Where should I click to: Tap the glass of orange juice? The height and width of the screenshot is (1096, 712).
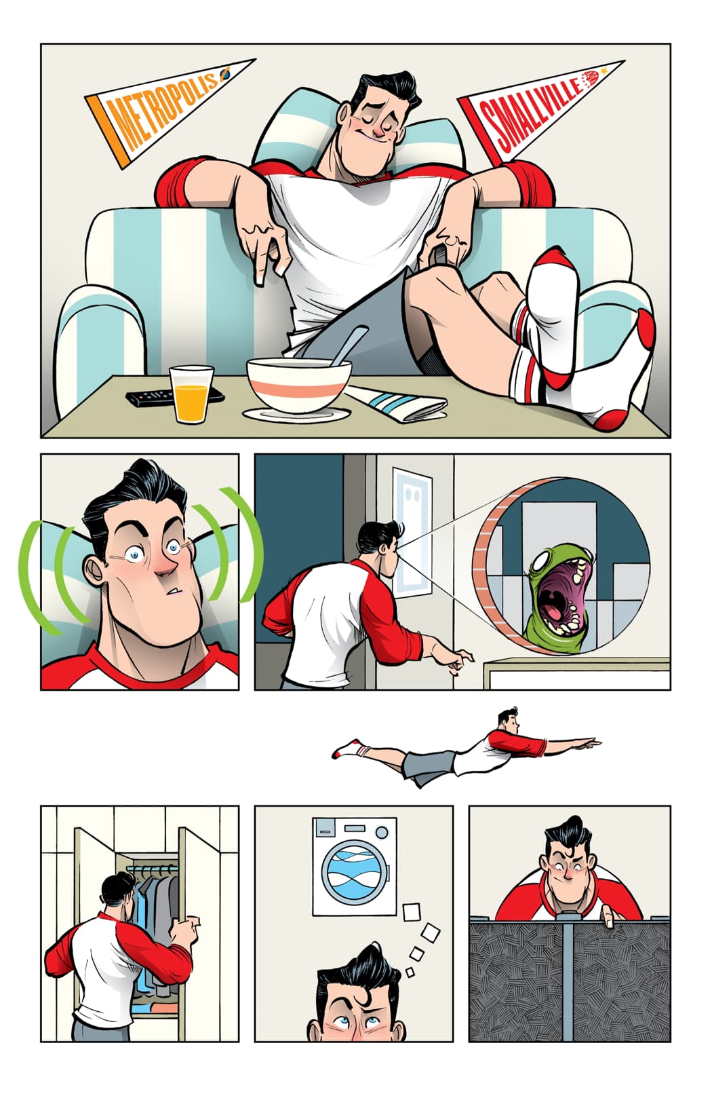pyautogui.click(x=191, y=393)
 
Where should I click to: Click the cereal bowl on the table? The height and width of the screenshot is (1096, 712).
pyautogui.click(x=299, y=387)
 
